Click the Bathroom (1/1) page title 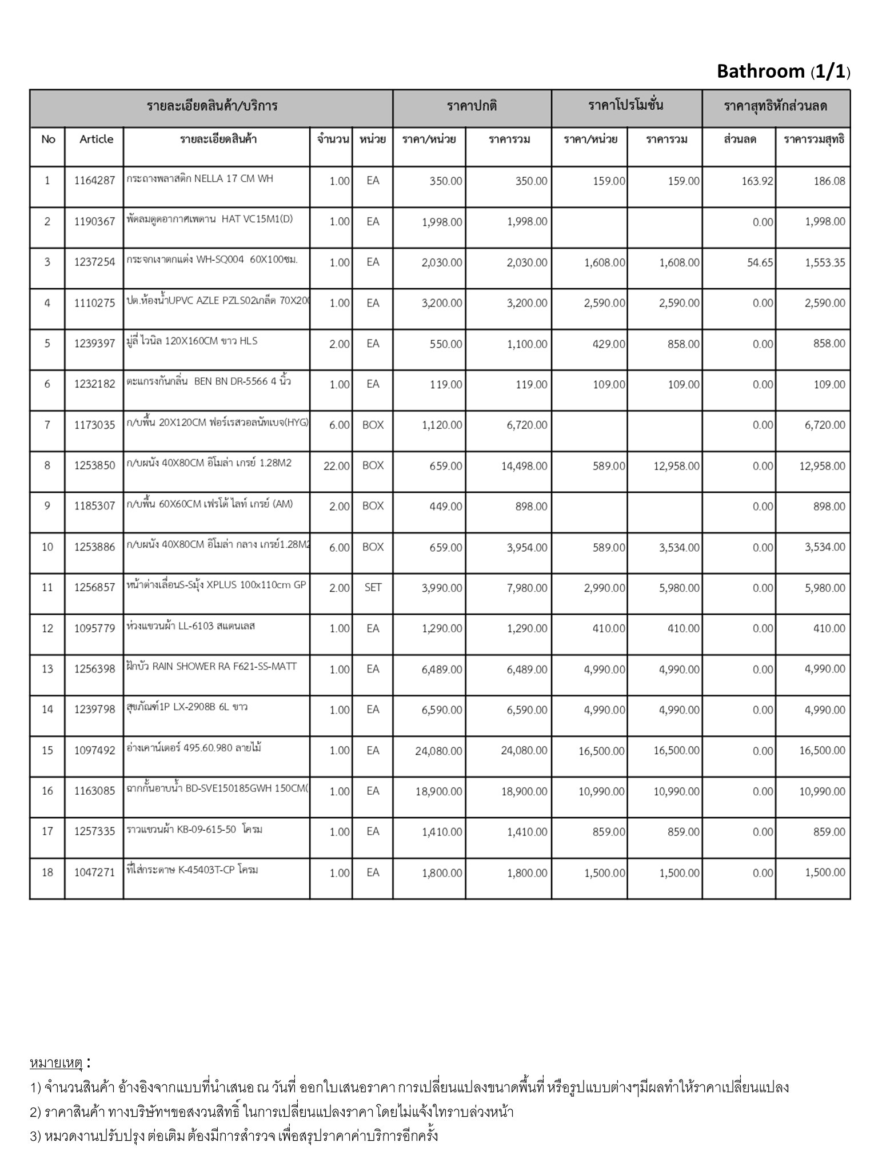pyautogui.click(x=783, y=71)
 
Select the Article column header pyautogui.click(x=96, y=139)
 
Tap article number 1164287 pyautogui.click(x=94, y=181)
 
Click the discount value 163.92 pyautogui.click(x=756, y=181)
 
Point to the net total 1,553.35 pyautogui.click(x=824, y=262)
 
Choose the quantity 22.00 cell pyautogui.click(x=336, y=466)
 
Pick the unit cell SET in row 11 pyautogui.click(x=373, y=587)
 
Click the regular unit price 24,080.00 pyautogui.click(x=438, y=750)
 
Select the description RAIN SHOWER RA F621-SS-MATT pyautogui.click(x=212, y=666)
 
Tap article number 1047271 pyautogui.click(x=94, y=873)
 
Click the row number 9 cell pyautogui.click(x=47, y=505)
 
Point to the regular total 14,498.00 pyautogui.click(x=524, y=466)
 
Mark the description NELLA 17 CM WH pyautogui.click(x=200, y=178)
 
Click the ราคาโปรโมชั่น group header pyautogui.click(x=626, y=106)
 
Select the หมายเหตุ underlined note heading pyautogui.click(x=56, y=1063)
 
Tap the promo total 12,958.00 pyautogui.click(x=676, y=466)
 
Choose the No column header pyautogui.click(x=48, y=139)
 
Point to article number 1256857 pyautogui.click(x=94, y=587)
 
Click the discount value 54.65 pyautogui.click(x=760, y=262)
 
